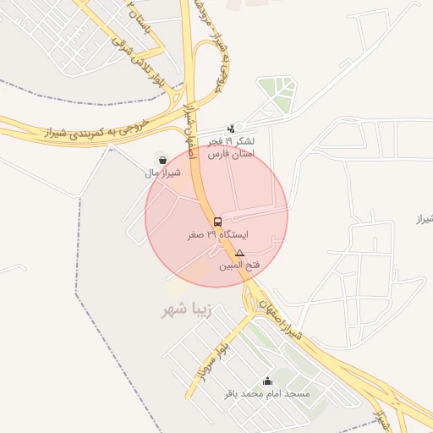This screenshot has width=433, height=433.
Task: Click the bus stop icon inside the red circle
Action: pos(218,222)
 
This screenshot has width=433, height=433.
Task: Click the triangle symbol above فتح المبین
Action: pos(239,254)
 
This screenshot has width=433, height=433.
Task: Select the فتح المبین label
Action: pos(239,267)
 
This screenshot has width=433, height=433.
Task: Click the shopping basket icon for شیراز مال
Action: pos(162,160)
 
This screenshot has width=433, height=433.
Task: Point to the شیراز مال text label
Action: pos(162,173)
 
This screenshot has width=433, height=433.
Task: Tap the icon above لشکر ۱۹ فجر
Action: pos(231,129)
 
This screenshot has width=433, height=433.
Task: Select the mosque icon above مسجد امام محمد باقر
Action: pos(268,381)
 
